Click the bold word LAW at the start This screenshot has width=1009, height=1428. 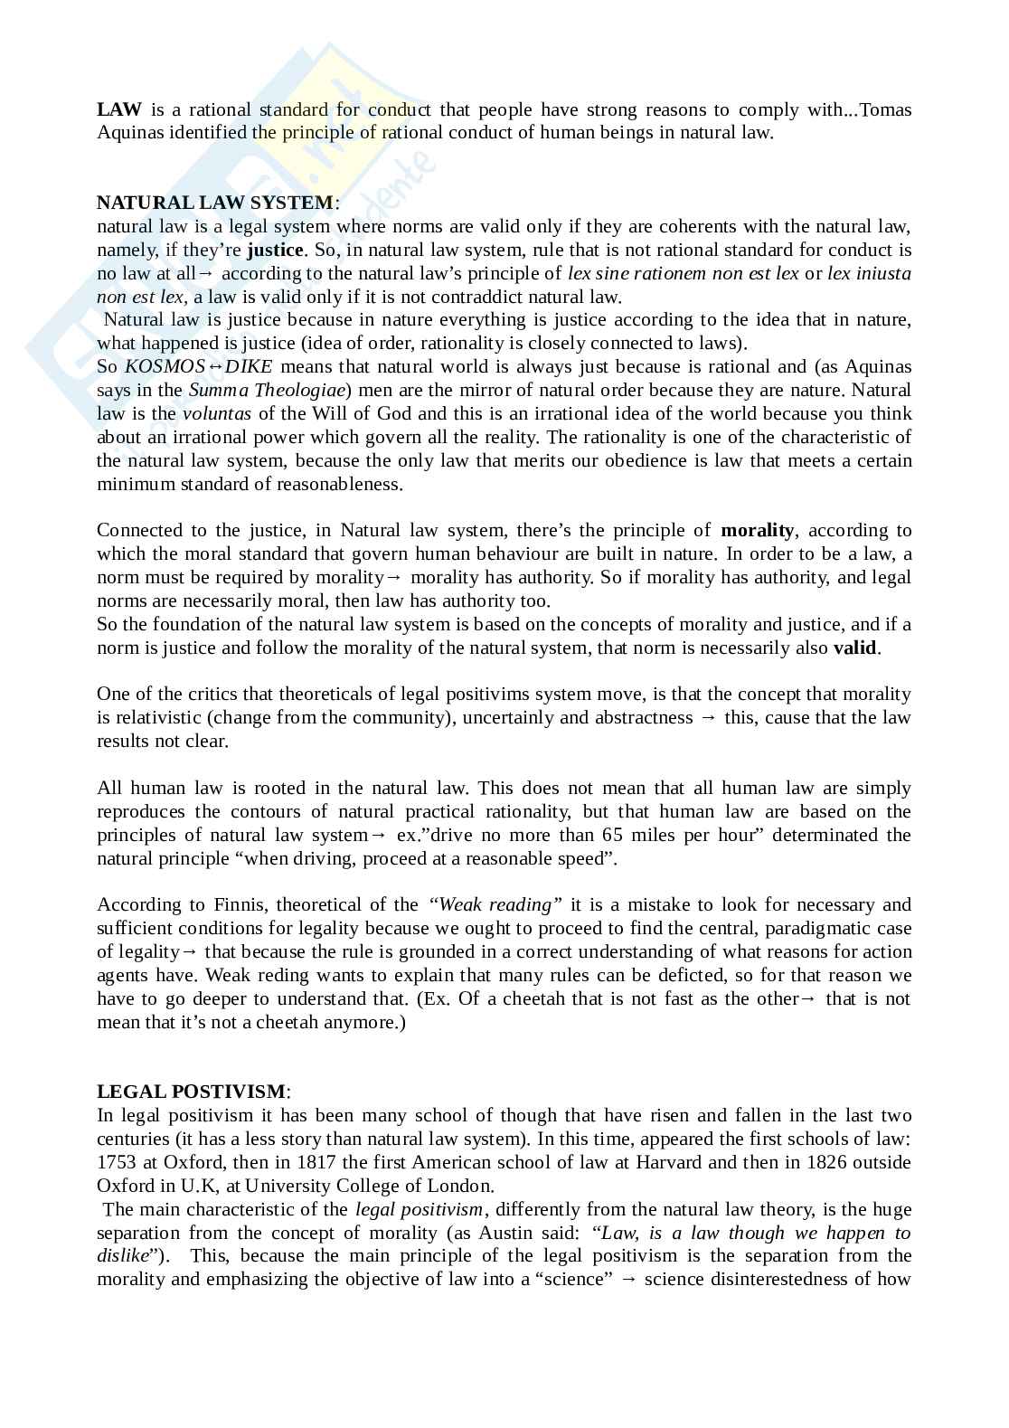point(119,110)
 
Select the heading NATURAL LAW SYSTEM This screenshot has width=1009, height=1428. point(215,203)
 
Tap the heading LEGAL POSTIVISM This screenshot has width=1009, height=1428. point(191,1092)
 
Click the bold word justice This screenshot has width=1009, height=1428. point(275,250)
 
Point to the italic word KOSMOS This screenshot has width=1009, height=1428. point(165,367)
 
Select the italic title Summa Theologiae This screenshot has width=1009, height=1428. point(267,391)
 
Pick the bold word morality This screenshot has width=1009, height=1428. point(757,531)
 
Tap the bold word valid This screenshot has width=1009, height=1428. point(854,648)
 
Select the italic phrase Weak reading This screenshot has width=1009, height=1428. point(495,905)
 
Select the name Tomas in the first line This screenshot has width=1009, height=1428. point(885,110)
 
